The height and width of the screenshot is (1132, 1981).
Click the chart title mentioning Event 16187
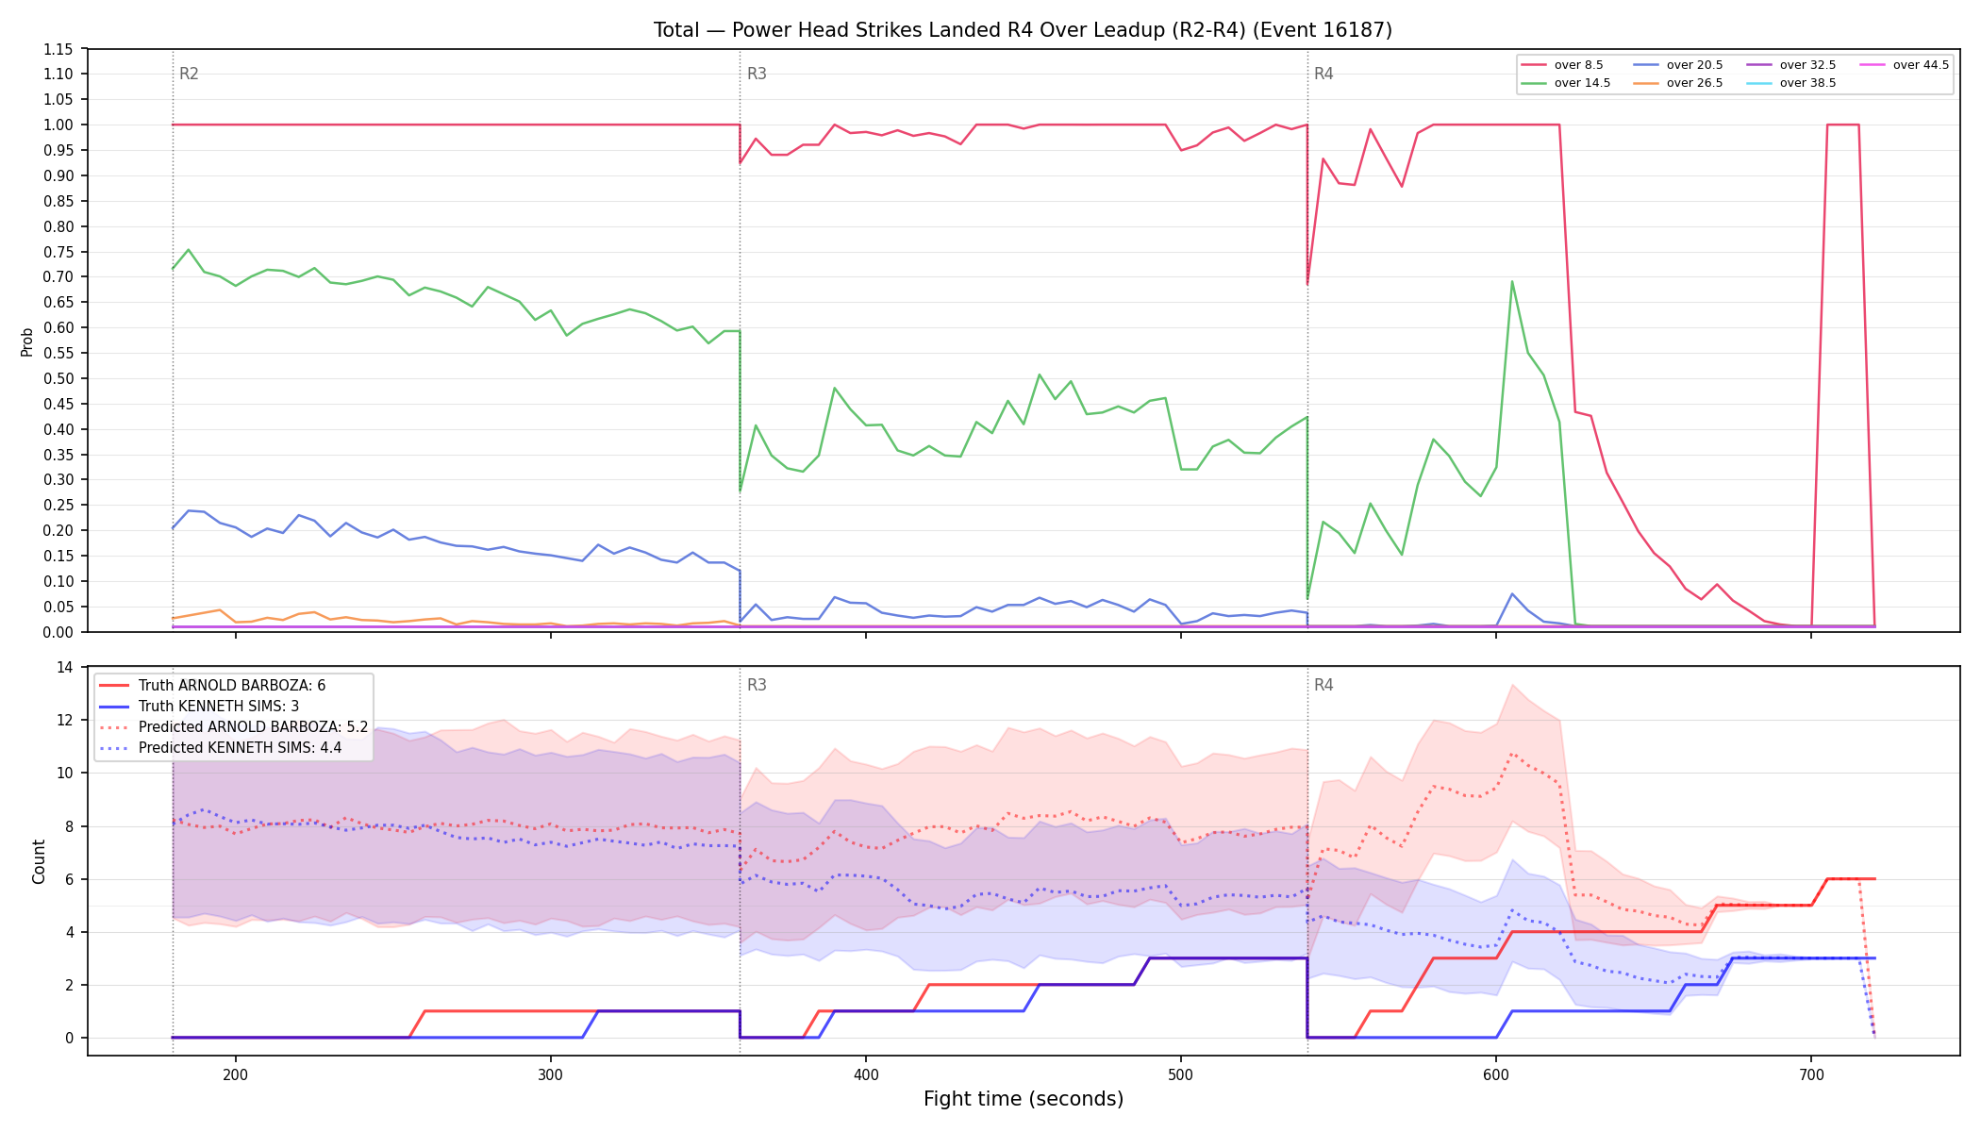coord(1023,30)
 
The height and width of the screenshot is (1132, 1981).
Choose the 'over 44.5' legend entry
coord(1905,65)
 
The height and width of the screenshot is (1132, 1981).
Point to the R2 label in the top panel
coord(189,74)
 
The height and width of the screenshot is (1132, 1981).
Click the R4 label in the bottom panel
coord(1323,685)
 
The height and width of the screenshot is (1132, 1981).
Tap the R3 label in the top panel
coord(757,74)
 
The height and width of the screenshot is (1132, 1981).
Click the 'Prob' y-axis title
coord(27,341)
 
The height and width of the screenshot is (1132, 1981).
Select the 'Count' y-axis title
coord(39,861)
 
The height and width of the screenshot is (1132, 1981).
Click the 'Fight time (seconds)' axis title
coord(1024,1099)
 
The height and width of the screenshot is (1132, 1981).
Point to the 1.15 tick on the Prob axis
coord(58,49)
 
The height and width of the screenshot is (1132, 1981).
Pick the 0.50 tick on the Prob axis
coord(58,378)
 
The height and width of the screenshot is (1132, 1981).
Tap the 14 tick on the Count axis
coord(65,667)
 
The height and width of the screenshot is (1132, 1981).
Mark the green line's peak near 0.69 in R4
coord(1512,281)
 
